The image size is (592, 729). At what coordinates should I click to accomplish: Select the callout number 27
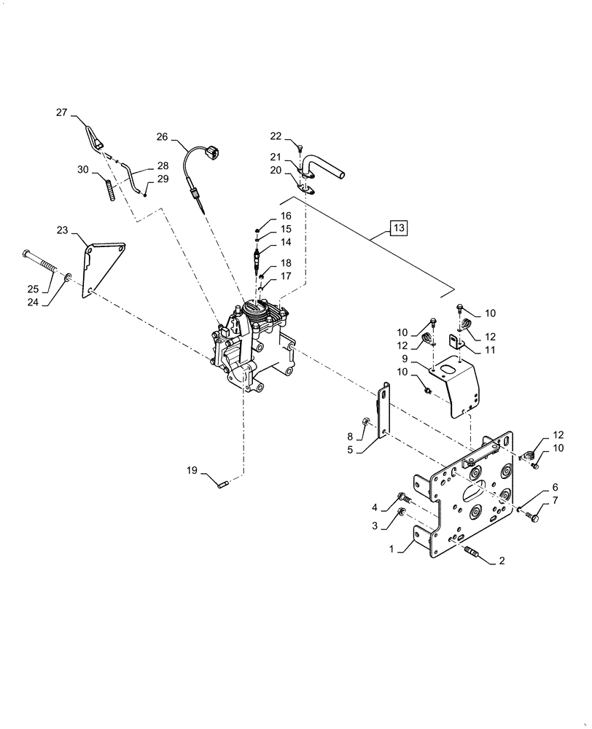click(61, 112)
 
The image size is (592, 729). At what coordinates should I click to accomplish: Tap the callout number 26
click(162, 136)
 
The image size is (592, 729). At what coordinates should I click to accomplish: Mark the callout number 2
click(502, 562)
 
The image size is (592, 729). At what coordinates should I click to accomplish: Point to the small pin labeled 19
click(223, 480)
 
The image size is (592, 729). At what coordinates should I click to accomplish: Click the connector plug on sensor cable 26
click(212, 153)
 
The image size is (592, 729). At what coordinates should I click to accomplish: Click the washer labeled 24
click(67, 278)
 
